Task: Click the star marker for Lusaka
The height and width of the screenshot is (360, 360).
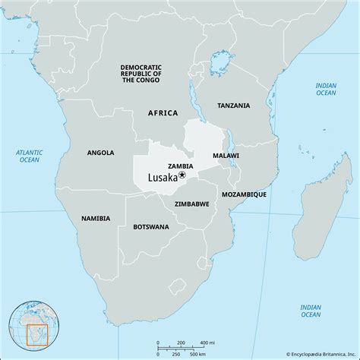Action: tap(182, 175)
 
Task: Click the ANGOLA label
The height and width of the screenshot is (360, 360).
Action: tap(100, 153)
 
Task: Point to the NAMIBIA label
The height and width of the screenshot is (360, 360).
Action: tap(96, 218)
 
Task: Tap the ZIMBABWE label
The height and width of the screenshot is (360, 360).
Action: tap(191, 204)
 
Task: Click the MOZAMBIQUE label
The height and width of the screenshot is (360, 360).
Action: tap(243, 194)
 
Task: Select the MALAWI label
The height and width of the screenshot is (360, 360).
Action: tap(226, 155)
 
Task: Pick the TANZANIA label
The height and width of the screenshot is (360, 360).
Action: tap(234, 106)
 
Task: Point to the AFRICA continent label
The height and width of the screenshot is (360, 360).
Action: tap(163, 112)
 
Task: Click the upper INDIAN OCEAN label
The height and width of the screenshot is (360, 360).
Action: tap(325, 89)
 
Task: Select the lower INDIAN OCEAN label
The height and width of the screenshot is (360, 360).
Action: tap(309, 311)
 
